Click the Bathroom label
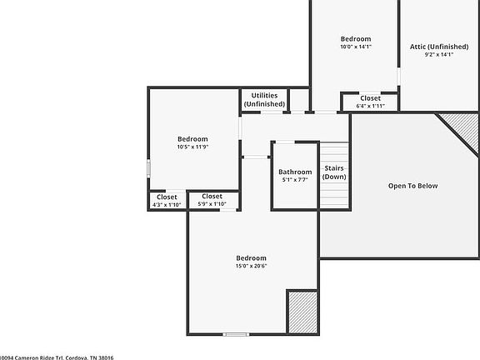(x=295, y=172)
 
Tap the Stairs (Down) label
(x=335, y=172)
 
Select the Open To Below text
(x=412, y=186)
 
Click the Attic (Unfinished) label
(x=439, y=47)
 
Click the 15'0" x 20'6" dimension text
(x=251, y=267)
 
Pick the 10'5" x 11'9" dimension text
(x=192, y=147)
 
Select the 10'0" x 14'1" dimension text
(x=356, y=47)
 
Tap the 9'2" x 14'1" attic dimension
(x=439, y=55)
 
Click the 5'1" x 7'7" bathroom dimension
(x=295, y=179)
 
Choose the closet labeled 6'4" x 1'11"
(x=370, y=102)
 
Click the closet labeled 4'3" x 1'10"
(x=167, y=201)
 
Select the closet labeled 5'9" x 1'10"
(x=212, y=200)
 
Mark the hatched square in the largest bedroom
(x=302, y=312)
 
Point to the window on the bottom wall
(x=236, y=335)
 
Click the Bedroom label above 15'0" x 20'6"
(x=251, y=258)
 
